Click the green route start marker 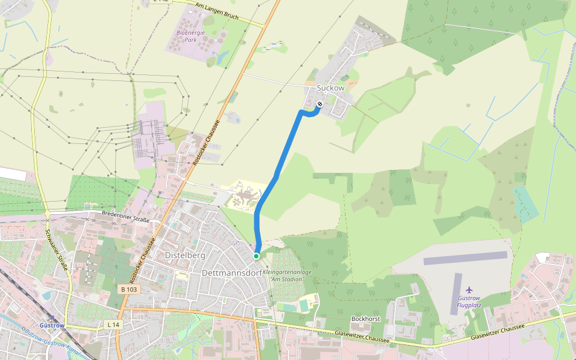pyautogui.click(x=256, y=256)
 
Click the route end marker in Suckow pyautogui.click(x=320, y=104)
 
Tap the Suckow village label pyautogui.click(x=331, y=88)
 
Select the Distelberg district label pyautogui.click(x=185, y=256)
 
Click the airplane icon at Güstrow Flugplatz pyautogui.click(x=469, y=290)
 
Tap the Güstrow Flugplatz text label pyautogui.click(x=469, y=301)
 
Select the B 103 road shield pyautogui.click(x=129, y=289)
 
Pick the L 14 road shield pyautogui.click(x=113, y=324)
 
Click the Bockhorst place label pyautogui.click(x=366, y=319)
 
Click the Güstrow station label pyautogui.click(x=51, y=325)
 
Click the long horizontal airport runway pyautogui.click(x=466, y=259)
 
